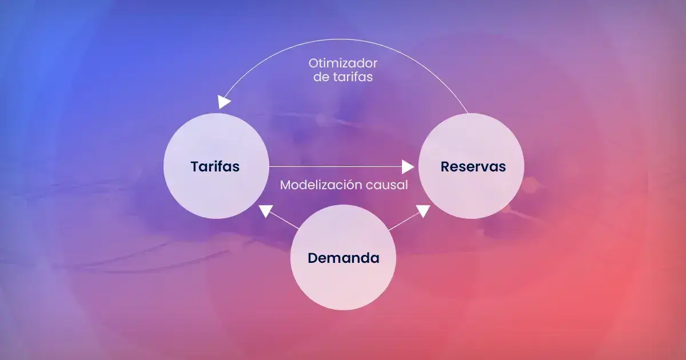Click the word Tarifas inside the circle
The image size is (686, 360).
coord(215,167)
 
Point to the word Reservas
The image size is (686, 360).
coord(473,167)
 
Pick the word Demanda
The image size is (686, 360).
coord(343,258)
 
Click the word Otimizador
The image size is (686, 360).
coord(343,63)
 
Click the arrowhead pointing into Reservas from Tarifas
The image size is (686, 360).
coord(408,167)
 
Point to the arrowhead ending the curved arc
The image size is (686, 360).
coord(224,102)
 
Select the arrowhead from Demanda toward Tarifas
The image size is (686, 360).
coord(265,211)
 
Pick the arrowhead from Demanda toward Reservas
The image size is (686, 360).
coord(422,211)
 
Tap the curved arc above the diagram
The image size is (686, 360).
coord(343,39)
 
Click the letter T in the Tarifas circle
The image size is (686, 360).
coord(195,167)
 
